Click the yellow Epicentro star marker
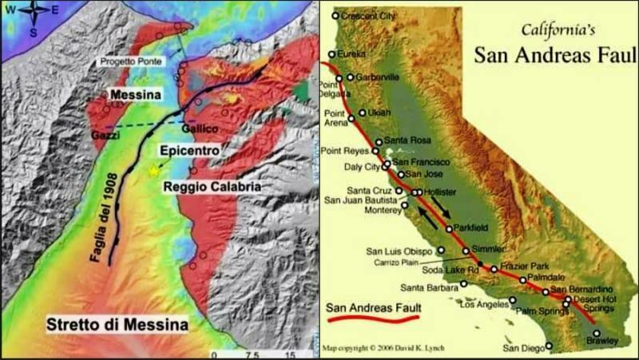click(x=153, y=171)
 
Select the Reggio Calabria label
click(x=212, y=187)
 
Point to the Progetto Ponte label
click(x=132, y=61)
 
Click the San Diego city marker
click(x=549, y=346)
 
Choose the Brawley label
click(x=603, y=342)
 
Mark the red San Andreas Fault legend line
click(x=373, y=318)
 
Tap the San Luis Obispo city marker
click(x=441, y=250)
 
